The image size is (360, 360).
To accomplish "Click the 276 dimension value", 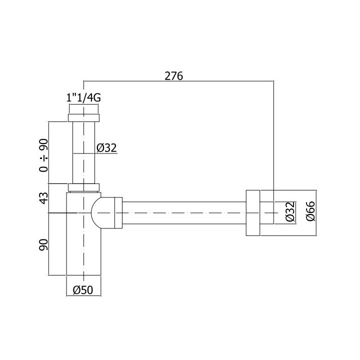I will click(174, 76).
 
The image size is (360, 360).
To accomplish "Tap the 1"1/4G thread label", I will click(84, 98).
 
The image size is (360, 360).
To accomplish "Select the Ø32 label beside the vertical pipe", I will click(106, 147).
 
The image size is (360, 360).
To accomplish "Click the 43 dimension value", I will click(44, 197).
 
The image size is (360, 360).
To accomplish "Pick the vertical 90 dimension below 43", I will click(44, 245).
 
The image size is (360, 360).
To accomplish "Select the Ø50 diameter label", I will click(83, 289).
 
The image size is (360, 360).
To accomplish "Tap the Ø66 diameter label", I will click(310, 213).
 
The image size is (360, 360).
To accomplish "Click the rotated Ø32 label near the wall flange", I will click(290, 213).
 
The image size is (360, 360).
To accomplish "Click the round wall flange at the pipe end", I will click(253, 213).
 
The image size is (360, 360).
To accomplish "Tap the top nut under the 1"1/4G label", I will click(83, 118).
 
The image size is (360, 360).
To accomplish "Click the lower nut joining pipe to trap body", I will click(83, 188).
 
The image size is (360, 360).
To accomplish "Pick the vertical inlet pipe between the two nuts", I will click(83, 152).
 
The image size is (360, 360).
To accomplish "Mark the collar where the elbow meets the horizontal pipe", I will click(118, 213).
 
